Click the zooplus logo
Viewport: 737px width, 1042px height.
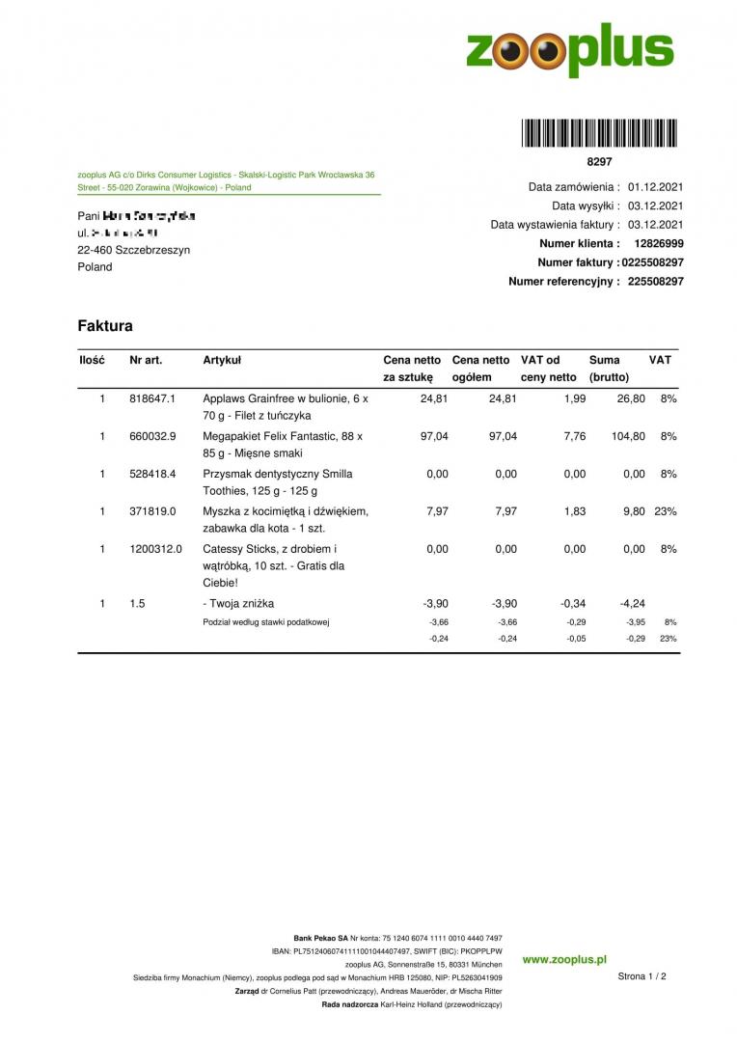(x=569, y=50)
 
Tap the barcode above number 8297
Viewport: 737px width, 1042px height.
(x=599, y=132)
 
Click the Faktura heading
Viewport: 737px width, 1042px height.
(x=105, y=326)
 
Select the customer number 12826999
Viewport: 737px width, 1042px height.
(x=659, y=244)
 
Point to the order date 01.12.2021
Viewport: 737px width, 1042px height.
(x=655, y=187)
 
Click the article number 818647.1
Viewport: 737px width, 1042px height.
(x=152, y=398)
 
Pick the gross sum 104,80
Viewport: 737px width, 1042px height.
(x=628, y=436)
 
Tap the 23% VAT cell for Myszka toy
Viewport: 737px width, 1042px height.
(x=665, y=511)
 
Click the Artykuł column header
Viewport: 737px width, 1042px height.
(x=222, y=360)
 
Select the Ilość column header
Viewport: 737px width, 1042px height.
(x=92, y=360)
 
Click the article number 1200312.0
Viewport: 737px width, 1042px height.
(x=155, y=549)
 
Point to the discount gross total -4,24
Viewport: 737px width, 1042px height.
(x=632, y=604)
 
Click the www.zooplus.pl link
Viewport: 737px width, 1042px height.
(x=564, y=960)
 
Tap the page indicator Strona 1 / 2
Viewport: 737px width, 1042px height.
(x=641, y=976)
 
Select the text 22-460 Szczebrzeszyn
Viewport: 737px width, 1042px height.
(x=133, y=250)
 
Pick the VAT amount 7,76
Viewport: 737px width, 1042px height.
(x=574, y=436)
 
